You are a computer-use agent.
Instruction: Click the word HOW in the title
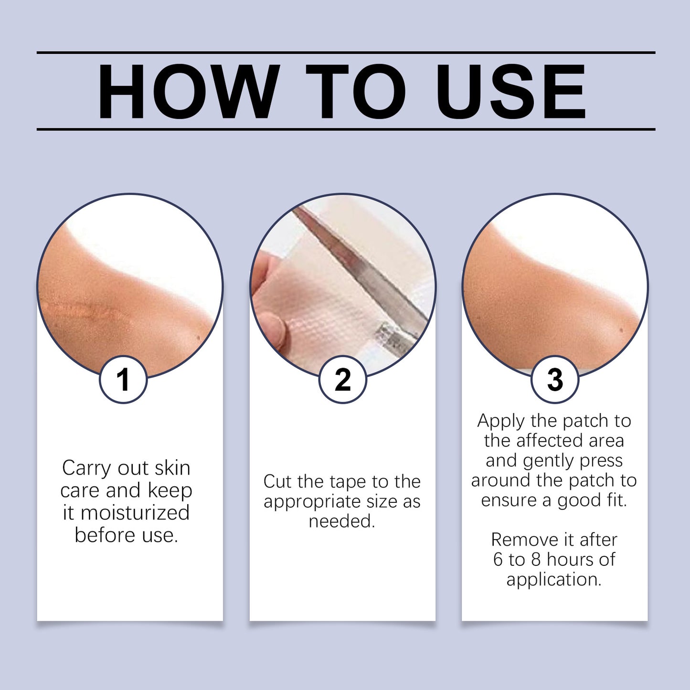click(x=188, y=91)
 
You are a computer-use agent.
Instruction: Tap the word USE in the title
click(x=511, y=91)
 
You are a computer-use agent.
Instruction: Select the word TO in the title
click(x=356, y=91)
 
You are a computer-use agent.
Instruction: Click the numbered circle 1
click(x=123, y=380)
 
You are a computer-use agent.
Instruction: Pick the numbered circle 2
click(x=343, y=380)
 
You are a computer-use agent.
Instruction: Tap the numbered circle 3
click(x=555, y=380)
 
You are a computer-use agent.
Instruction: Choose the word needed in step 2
click(x=342, y=521)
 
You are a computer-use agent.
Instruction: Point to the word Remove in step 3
click(x=520, y=540)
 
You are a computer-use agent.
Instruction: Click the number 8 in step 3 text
click(x=536, y=559)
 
